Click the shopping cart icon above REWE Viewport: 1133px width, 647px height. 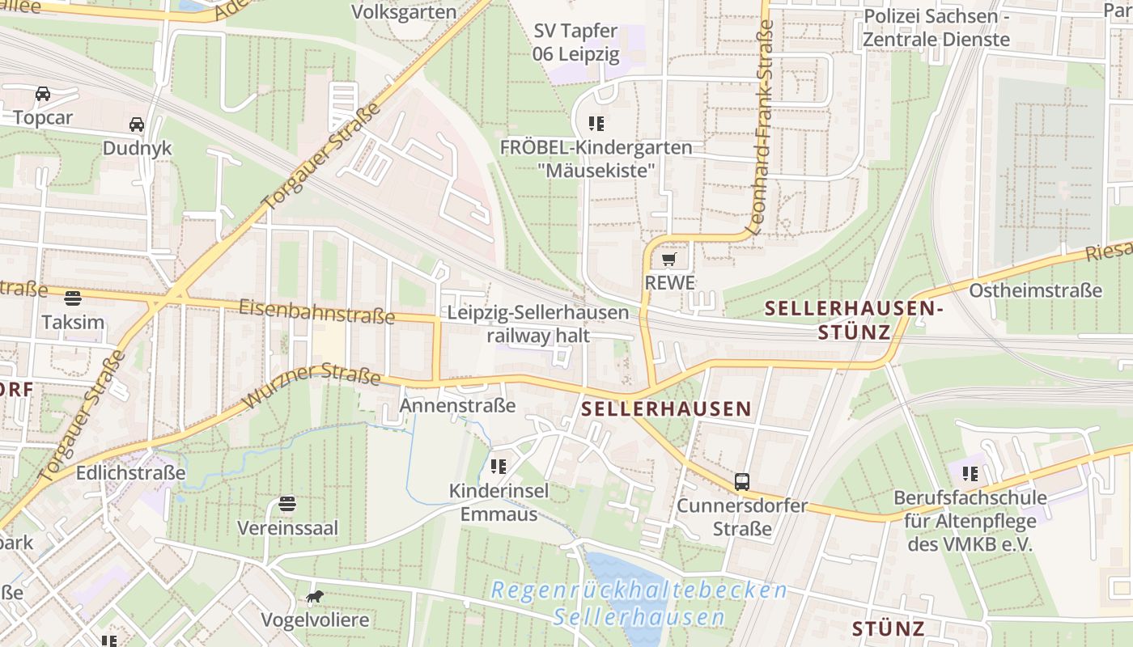[668, 260]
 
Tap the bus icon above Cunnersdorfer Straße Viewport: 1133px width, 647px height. [742, 482]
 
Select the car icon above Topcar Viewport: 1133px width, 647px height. [43, 94]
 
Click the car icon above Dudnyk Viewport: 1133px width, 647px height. [137, 125]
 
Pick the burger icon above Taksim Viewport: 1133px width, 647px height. [73, 298]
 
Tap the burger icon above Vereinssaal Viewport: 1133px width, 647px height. [287, 504]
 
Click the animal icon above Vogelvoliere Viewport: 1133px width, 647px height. [315, 597]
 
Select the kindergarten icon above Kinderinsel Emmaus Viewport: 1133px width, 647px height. [499, 466]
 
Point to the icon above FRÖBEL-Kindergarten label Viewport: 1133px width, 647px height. [596, 124]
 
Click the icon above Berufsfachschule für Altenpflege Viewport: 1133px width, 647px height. [970, 473]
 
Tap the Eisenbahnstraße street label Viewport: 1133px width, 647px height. [317, 311]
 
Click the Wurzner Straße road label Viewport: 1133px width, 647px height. [312, 385]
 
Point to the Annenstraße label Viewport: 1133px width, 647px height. [458, 405]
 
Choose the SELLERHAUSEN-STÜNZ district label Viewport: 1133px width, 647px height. [854, 319]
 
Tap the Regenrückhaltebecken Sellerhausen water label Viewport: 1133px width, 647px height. [639, 603]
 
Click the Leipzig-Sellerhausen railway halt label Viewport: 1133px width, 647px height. [537, 323]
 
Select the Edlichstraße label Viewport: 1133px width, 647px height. [131, 472]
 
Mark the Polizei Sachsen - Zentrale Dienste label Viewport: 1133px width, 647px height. [936, 28]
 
